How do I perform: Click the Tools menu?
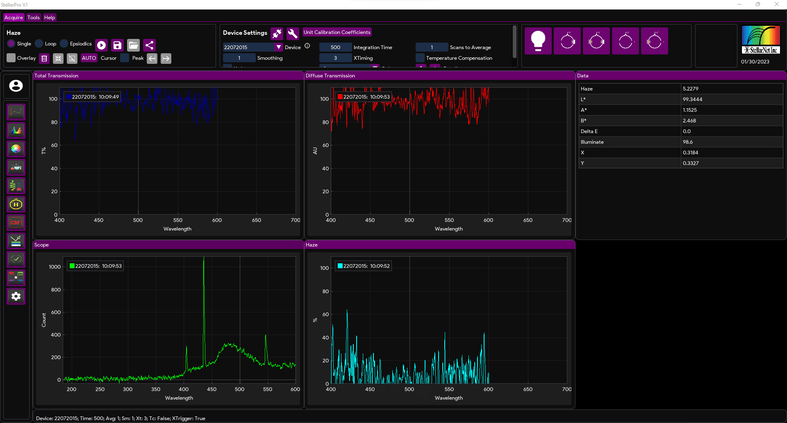[x=34, y=18]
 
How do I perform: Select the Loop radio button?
[x=39, y=43]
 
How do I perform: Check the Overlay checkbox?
[x=11, y=58]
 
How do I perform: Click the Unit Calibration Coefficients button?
[x=337, y=32]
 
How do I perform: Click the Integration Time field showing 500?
[x=335, y=48]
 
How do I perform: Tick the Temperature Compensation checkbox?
[x=420, y=58]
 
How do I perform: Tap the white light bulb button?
[x=538, y=41]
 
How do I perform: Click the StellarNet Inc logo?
[x=761, y=40]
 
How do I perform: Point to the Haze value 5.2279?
[x=691, y=89]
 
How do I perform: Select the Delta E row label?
[x=589, y=131]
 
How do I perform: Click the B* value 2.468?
[x=689, y=121]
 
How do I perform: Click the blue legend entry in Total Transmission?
[x=93, y=97]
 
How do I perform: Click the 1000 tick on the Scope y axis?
[x=55, y=267]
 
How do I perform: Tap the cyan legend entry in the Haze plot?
[x=363, y=266]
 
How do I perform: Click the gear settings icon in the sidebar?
[x=16, y=296]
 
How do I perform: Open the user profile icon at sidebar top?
[x=16, y=86]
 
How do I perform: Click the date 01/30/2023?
[x=755, y=62]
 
